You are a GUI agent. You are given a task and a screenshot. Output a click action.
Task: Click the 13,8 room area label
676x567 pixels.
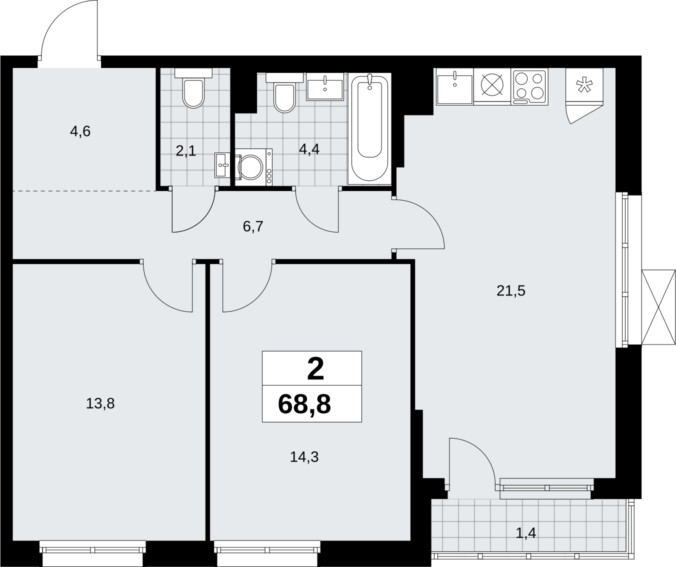pyautogui.click(x=100, y=404)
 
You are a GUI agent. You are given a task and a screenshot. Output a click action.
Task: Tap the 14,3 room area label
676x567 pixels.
pyautogui.click(x=304, y=457)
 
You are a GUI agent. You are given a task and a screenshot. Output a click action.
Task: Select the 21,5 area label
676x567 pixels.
pyautogui.click(x=511, y=291)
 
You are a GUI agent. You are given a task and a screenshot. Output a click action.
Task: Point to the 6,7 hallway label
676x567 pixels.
pyautogui.click(x=253, y=226)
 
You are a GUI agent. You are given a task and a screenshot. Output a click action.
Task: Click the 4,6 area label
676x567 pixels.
pyautogui.click(x=80, y=131)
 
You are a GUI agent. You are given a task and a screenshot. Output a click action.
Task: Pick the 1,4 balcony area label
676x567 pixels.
pyautogui.click(x=526, y=533)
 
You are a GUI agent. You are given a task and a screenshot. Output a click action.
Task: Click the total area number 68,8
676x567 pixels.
pyautogui.click(x=304, y=404)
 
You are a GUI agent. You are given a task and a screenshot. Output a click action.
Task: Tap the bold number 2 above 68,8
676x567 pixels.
pyautogui.click(x=315, y=369)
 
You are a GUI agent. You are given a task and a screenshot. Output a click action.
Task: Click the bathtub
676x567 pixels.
pyautogui.click(x=369, y=129)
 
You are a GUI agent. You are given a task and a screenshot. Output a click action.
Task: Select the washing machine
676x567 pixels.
pyautogui.click(x=253, y=167)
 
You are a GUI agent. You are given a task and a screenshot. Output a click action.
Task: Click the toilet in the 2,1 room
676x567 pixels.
pyautogui.click(x=193, y=88)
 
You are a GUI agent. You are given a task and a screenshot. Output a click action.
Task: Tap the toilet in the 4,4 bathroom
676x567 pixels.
pyautogui.click(x=284, y=92)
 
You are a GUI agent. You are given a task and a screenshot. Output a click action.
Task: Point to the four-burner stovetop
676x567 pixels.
pyautogui.click(x=529, y=86)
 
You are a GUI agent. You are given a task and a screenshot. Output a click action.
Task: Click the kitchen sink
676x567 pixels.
pyautogui.click(x=454, y=86)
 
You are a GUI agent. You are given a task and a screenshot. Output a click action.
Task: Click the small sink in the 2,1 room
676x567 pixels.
pyautogui.click(x=222, y=165)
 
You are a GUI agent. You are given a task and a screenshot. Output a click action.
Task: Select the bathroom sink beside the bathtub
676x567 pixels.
pyautogui.click(x=324, y=87)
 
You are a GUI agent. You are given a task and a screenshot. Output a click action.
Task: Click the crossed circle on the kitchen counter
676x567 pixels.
pyautogui.click(x=492, y=85)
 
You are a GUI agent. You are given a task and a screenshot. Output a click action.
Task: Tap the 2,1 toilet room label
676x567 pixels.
pyautogui.click(x=186, y=151)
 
